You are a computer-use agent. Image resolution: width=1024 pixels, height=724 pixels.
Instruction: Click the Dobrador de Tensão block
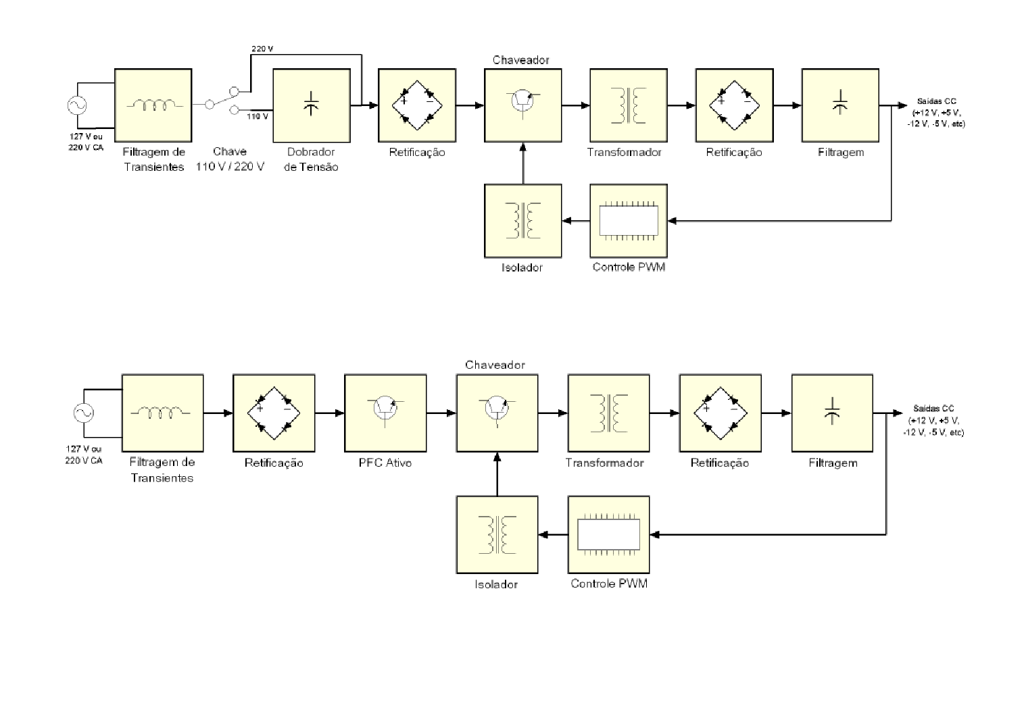click(311, 105)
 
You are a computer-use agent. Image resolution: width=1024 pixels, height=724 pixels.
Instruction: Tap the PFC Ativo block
click(385, 413)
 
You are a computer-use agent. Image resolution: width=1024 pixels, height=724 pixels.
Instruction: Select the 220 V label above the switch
click(262, 49)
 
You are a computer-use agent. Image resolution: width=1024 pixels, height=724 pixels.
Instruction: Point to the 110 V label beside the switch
click(258, 116)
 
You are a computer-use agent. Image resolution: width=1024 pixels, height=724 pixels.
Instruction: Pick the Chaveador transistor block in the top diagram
click(523, 105)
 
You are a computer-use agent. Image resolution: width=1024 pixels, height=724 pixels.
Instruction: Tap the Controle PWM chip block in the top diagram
click(629, 220)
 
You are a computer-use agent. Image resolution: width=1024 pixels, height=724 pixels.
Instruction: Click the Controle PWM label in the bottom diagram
click(609, 584)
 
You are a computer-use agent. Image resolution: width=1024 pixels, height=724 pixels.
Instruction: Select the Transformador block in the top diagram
click(629, 105)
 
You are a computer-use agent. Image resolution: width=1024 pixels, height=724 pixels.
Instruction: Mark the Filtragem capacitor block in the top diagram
click(840, 105)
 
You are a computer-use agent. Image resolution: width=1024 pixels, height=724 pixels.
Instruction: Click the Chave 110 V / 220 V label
click(230, 159)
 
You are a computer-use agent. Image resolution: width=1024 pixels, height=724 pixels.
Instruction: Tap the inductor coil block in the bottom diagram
click(162, 413)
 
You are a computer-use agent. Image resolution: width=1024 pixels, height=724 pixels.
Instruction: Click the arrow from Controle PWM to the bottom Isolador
click(553, 535)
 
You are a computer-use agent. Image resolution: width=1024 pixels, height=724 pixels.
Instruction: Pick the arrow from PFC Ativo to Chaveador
click(441, 413)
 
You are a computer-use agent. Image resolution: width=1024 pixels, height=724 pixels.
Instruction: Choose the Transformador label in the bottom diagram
click(604, 463)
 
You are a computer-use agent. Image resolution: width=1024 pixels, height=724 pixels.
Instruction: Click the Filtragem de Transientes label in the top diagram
click(154, 159)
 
